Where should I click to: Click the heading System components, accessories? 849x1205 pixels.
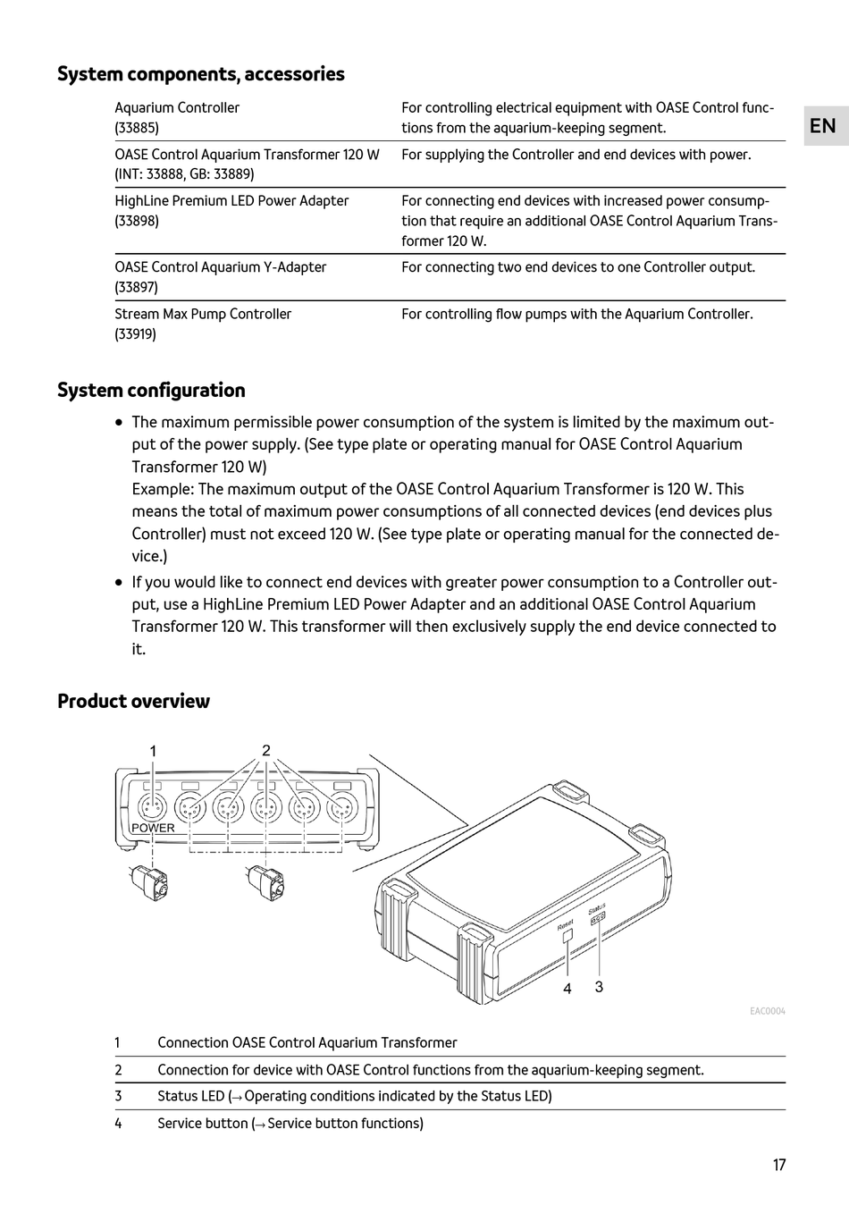(x=200, y=74)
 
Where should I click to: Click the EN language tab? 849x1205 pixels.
(x=822, y=126)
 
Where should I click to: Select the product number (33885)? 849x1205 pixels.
(x=137, y=128)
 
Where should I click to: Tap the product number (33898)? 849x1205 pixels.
(x=137, y=221)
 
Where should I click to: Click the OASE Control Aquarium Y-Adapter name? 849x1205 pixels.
(x=220, y=267)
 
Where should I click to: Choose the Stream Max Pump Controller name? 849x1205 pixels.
(x=203, y=314)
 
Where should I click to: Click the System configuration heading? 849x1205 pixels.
(x=151, y=391)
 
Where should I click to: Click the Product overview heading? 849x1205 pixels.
(x=133, y=701)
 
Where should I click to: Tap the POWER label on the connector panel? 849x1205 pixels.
(x=153, y=828)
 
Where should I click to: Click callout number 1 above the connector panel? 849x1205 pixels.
(x=153, y=751)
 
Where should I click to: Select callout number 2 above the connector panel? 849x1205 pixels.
(x=265, y=750)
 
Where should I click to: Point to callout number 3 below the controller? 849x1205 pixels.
(x=599, y=987)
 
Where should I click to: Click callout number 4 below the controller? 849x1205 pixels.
(x=567, y=989)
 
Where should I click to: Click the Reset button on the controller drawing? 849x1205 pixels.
(x=567, y=937)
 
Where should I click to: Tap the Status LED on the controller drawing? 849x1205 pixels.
(x=598, y=917)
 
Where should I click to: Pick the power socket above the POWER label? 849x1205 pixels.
(x=153, y=807)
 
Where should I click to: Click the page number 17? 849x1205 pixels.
(x=779, y=1165)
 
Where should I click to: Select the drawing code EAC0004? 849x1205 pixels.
(x=767, y=1011)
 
